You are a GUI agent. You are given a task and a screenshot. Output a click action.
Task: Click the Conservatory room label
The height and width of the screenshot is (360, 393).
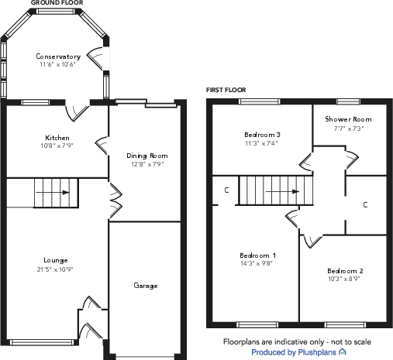[58, 57]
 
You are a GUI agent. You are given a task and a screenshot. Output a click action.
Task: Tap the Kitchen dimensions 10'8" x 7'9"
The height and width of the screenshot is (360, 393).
[57, 146]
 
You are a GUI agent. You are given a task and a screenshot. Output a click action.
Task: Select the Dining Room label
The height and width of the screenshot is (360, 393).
[147, 156]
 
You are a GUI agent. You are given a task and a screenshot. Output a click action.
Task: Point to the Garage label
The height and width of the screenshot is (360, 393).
[146, 286]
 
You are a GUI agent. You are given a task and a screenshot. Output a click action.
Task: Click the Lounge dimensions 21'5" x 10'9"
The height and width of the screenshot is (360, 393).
[55, 269]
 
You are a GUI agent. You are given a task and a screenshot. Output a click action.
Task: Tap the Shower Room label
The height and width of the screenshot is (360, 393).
[348, 119]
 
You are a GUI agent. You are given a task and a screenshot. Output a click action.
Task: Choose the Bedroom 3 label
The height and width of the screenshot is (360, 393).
[262, 135]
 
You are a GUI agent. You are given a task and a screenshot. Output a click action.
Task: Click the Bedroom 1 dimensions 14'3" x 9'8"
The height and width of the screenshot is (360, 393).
[257, 263]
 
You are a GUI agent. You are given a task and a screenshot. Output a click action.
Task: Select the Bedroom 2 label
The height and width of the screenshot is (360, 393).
[345, 271]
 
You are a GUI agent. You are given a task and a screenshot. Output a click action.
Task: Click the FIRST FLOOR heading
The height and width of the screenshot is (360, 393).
[226, 90]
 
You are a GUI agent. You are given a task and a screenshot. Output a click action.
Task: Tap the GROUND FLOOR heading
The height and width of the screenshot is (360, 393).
[57, 3]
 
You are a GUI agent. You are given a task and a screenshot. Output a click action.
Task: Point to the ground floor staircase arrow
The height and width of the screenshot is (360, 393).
[53, 193]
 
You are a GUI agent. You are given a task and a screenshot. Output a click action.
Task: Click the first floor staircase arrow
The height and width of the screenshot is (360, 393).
[282, 191]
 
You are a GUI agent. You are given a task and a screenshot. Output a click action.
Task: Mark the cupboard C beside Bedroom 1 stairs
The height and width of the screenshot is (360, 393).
[226, 190]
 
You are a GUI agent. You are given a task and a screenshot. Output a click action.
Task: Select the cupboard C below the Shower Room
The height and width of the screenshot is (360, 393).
[365, 205]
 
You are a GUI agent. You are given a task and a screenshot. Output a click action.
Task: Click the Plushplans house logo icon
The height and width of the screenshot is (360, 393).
[343, 351]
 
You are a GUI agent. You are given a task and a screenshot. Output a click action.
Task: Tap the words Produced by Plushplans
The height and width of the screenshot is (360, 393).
[294, 352]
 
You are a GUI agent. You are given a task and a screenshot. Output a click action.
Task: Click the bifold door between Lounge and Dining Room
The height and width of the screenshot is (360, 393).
[115, 201]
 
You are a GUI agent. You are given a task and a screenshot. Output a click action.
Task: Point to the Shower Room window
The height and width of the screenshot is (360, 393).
[348, 101]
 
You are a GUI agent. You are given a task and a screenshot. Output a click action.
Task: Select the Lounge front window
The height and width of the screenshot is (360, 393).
[42, 342]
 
